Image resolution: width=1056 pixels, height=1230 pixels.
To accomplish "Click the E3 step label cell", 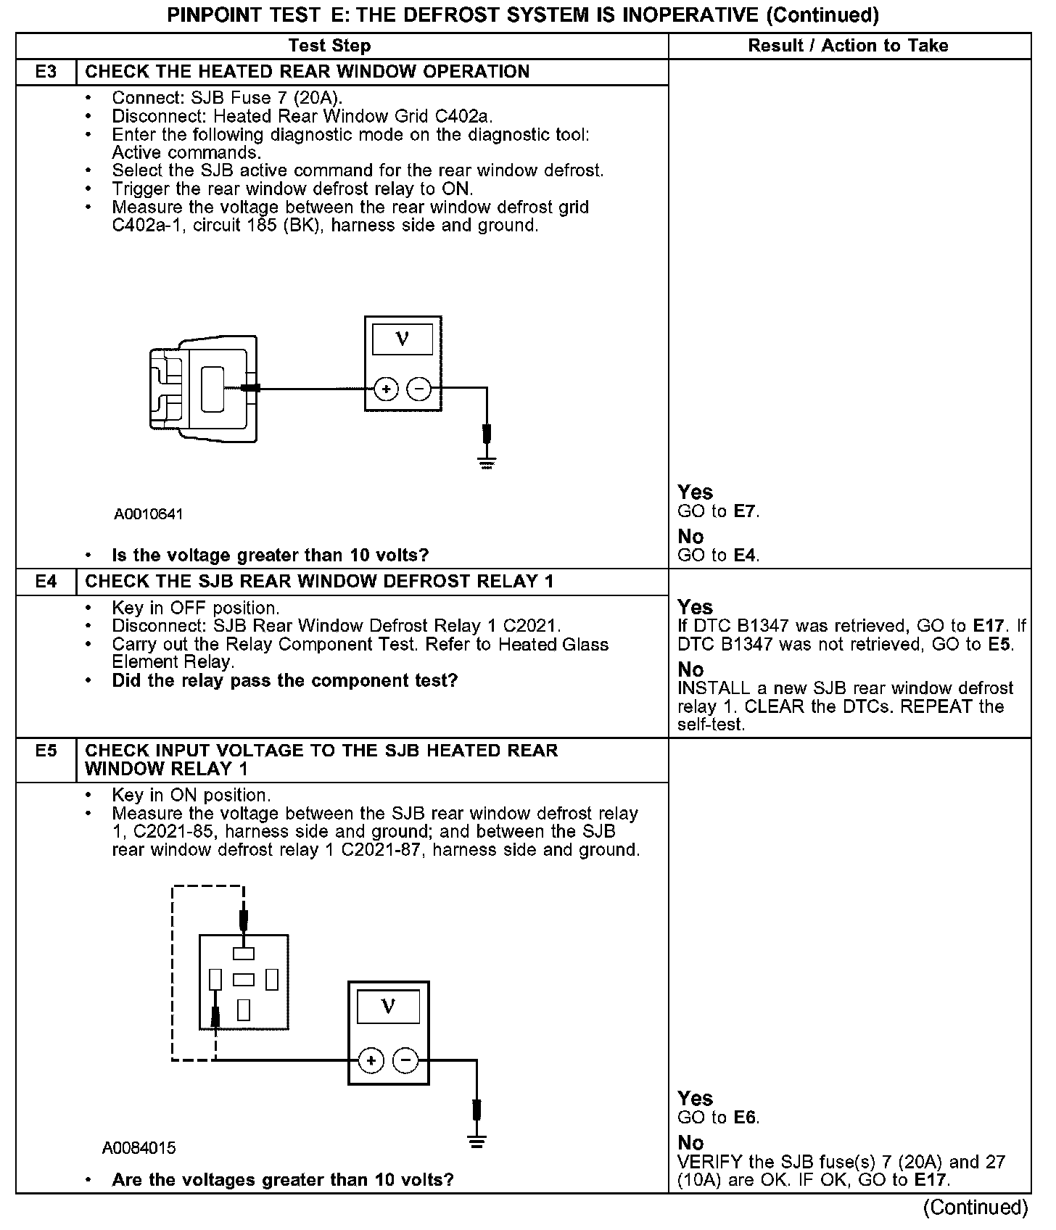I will click(x=46, y=72).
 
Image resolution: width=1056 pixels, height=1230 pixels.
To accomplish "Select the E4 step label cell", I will click(x=46, y=582).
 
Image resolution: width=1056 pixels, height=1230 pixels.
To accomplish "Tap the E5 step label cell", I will click(x=46, y=751).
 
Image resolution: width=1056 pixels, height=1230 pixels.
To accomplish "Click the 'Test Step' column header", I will click(x=329, y=46).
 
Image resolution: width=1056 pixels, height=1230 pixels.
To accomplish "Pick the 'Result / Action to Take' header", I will click(x=848, y=46).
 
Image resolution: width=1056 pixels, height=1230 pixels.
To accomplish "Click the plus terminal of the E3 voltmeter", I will click(x=386, y=389).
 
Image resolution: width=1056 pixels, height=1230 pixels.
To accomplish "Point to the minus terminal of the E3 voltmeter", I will click(x=419, y=389).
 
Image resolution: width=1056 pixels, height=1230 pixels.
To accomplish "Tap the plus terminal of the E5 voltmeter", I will click(x=371, y=1061).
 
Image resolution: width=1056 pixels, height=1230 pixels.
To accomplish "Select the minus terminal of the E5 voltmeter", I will click(x=405, y=1061).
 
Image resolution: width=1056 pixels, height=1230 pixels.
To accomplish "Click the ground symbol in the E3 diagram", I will click(x=486, y=463).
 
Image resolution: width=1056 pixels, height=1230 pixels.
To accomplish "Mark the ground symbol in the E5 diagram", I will click(x=477, y=1144).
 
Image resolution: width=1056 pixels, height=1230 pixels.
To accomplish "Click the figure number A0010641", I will click(x=148, y=514).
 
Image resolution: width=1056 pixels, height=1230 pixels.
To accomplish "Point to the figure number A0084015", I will click(x=139, y=1148).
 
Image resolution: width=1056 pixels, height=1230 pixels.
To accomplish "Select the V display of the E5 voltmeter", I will click(x=388, y=1007).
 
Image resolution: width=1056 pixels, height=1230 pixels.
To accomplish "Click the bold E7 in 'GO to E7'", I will click(x=745, y=511).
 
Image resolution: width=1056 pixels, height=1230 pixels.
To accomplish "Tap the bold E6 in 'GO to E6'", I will click(x=745, y=1118).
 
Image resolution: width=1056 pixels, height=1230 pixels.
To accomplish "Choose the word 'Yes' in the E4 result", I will click(x=695, y=607).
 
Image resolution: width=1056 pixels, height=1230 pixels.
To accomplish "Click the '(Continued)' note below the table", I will click(x=975, y=1207).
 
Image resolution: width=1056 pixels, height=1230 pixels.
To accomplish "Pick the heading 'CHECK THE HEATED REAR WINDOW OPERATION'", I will click(x=308, y=72).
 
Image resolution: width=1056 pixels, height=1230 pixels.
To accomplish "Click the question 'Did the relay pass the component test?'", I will click(x=285, y=680).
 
